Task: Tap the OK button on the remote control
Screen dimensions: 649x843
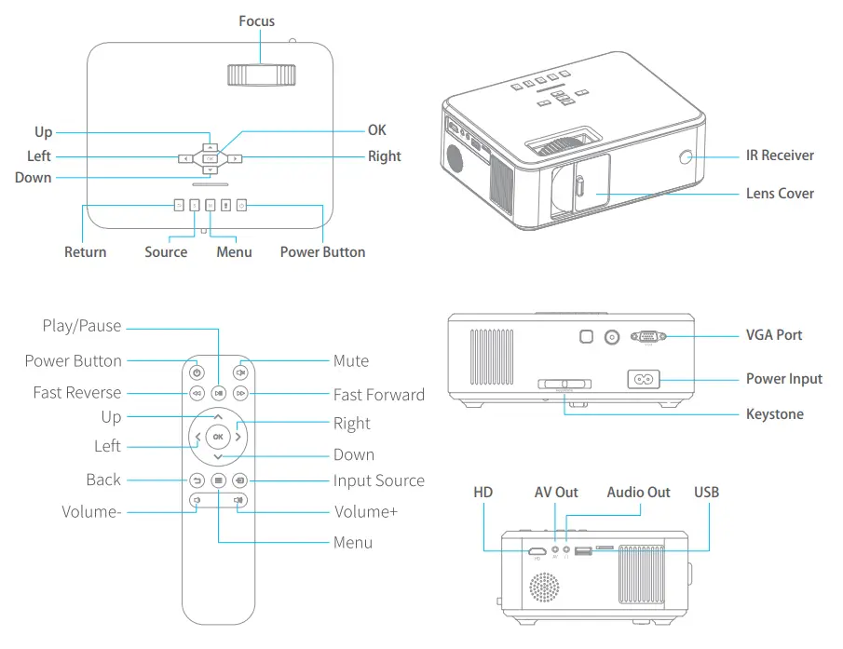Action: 218,436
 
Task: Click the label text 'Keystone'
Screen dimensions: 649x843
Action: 774,414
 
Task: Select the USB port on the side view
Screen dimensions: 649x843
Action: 584,552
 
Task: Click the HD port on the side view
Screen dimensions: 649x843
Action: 537,552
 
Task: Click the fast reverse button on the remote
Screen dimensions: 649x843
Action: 197,394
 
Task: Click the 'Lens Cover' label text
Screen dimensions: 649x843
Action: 780,194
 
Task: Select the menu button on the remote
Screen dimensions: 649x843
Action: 218,480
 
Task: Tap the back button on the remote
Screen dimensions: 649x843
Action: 197,480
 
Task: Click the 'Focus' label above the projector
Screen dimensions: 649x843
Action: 256,20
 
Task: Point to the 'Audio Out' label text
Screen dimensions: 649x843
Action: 638,493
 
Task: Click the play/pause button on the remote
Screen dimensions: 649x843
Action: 218,394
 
